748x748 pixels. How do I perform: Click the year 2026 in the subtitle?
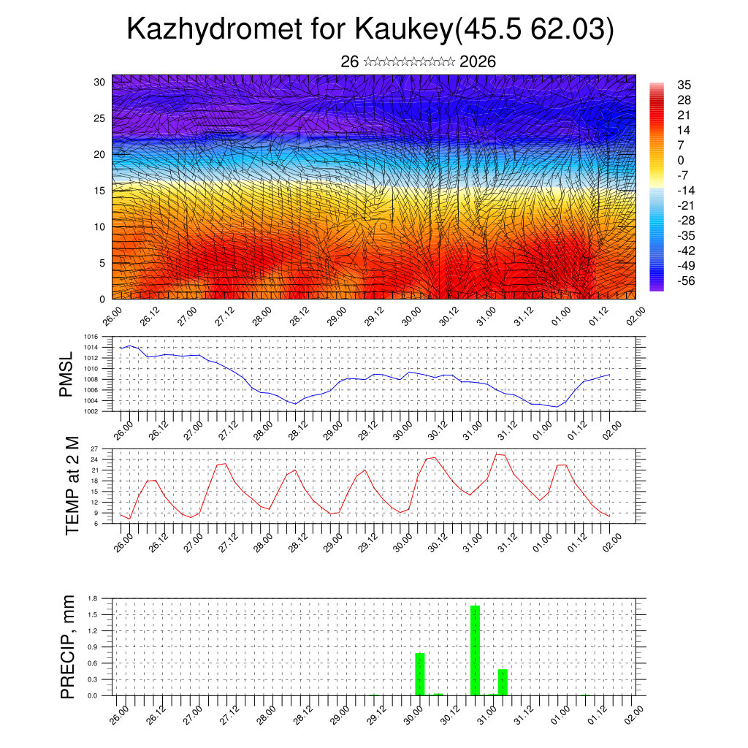pyautogui.click(x=478, y=62)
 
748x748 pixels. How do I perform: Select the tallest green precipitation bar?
pyautogui.click(x=475, y=650)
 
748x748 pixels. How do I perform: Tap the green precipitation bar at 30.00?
pyautogui.click(x=419, y=673)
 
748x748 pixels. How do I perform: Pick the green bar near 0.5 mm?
pyautogui.click(x=503, y=682)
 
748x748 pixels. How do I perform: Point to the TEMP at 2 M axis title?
pyautogui.click(x=72, y=485)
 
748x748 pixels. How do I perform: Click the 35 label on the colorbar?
pyautogui.click(x=684, y=85)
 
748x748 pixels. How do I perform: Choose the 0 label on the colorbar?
pyautogui.click(x=681, y=160)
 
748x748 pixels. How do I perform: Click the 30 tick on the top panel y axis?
pyautogui.click(x=100, y=82)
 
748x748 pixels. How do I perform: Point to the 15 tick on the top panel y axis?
pyautogui.click(x=100, y=191)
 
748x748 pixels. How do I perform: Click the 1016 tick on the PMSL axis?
pyautogui.click(x=91, y=348)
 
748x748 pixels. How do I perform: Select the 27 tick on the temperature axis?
pyautogui.click(x=94, y=449)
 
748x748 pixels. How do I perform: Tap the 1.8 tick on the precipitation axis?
pyautogui.click(x=93, y=598)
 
